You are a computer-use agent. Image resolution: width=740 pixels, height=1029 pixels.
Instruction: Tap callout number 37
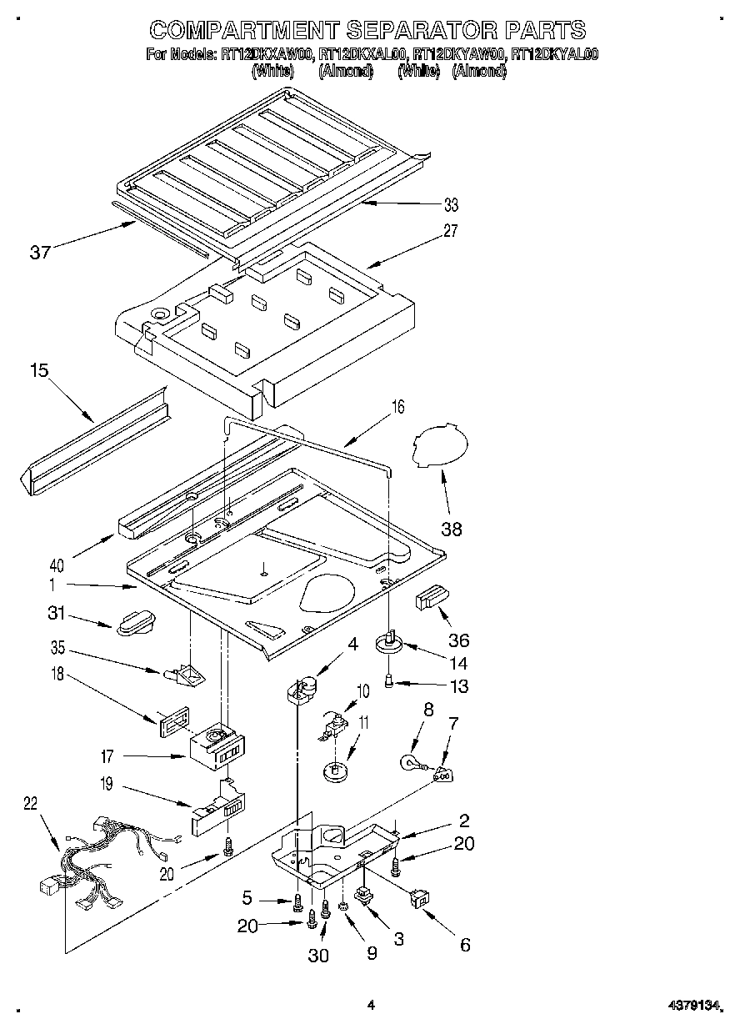pos(41,253)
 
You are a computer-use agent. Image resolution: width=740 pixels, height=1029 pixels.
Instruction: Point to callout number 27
pos(451,231)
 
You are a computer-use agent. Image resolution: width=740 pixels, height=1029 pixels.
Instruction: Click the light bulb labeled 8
pos(412,762)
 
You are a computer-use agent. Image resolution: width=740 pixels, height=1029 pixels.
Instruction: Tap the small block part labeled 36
pos(431,600)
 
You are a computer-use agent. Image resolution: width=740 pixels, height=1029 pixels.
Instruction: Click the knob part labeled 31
pos(132,622)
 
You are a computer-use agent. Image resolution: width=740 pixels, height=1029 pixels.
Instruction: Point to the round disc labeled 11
pos(337,770)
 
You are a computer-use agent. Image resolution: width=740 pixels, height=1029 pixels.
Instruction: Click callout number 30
pos(318,956)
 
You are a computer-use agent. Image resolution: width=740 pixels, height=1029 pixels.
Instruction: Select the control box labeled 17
pos(215,749)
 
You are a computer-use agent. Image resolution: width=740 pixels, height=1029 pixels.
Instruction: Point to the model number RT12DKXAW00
pos(267,55)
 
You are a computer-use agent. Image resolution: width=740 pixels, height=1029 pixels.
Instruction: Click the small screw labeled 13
pos(389,683)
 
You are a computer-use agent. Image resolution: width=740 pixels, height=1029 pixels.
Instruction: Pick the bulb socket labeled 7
pos(443,776)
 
